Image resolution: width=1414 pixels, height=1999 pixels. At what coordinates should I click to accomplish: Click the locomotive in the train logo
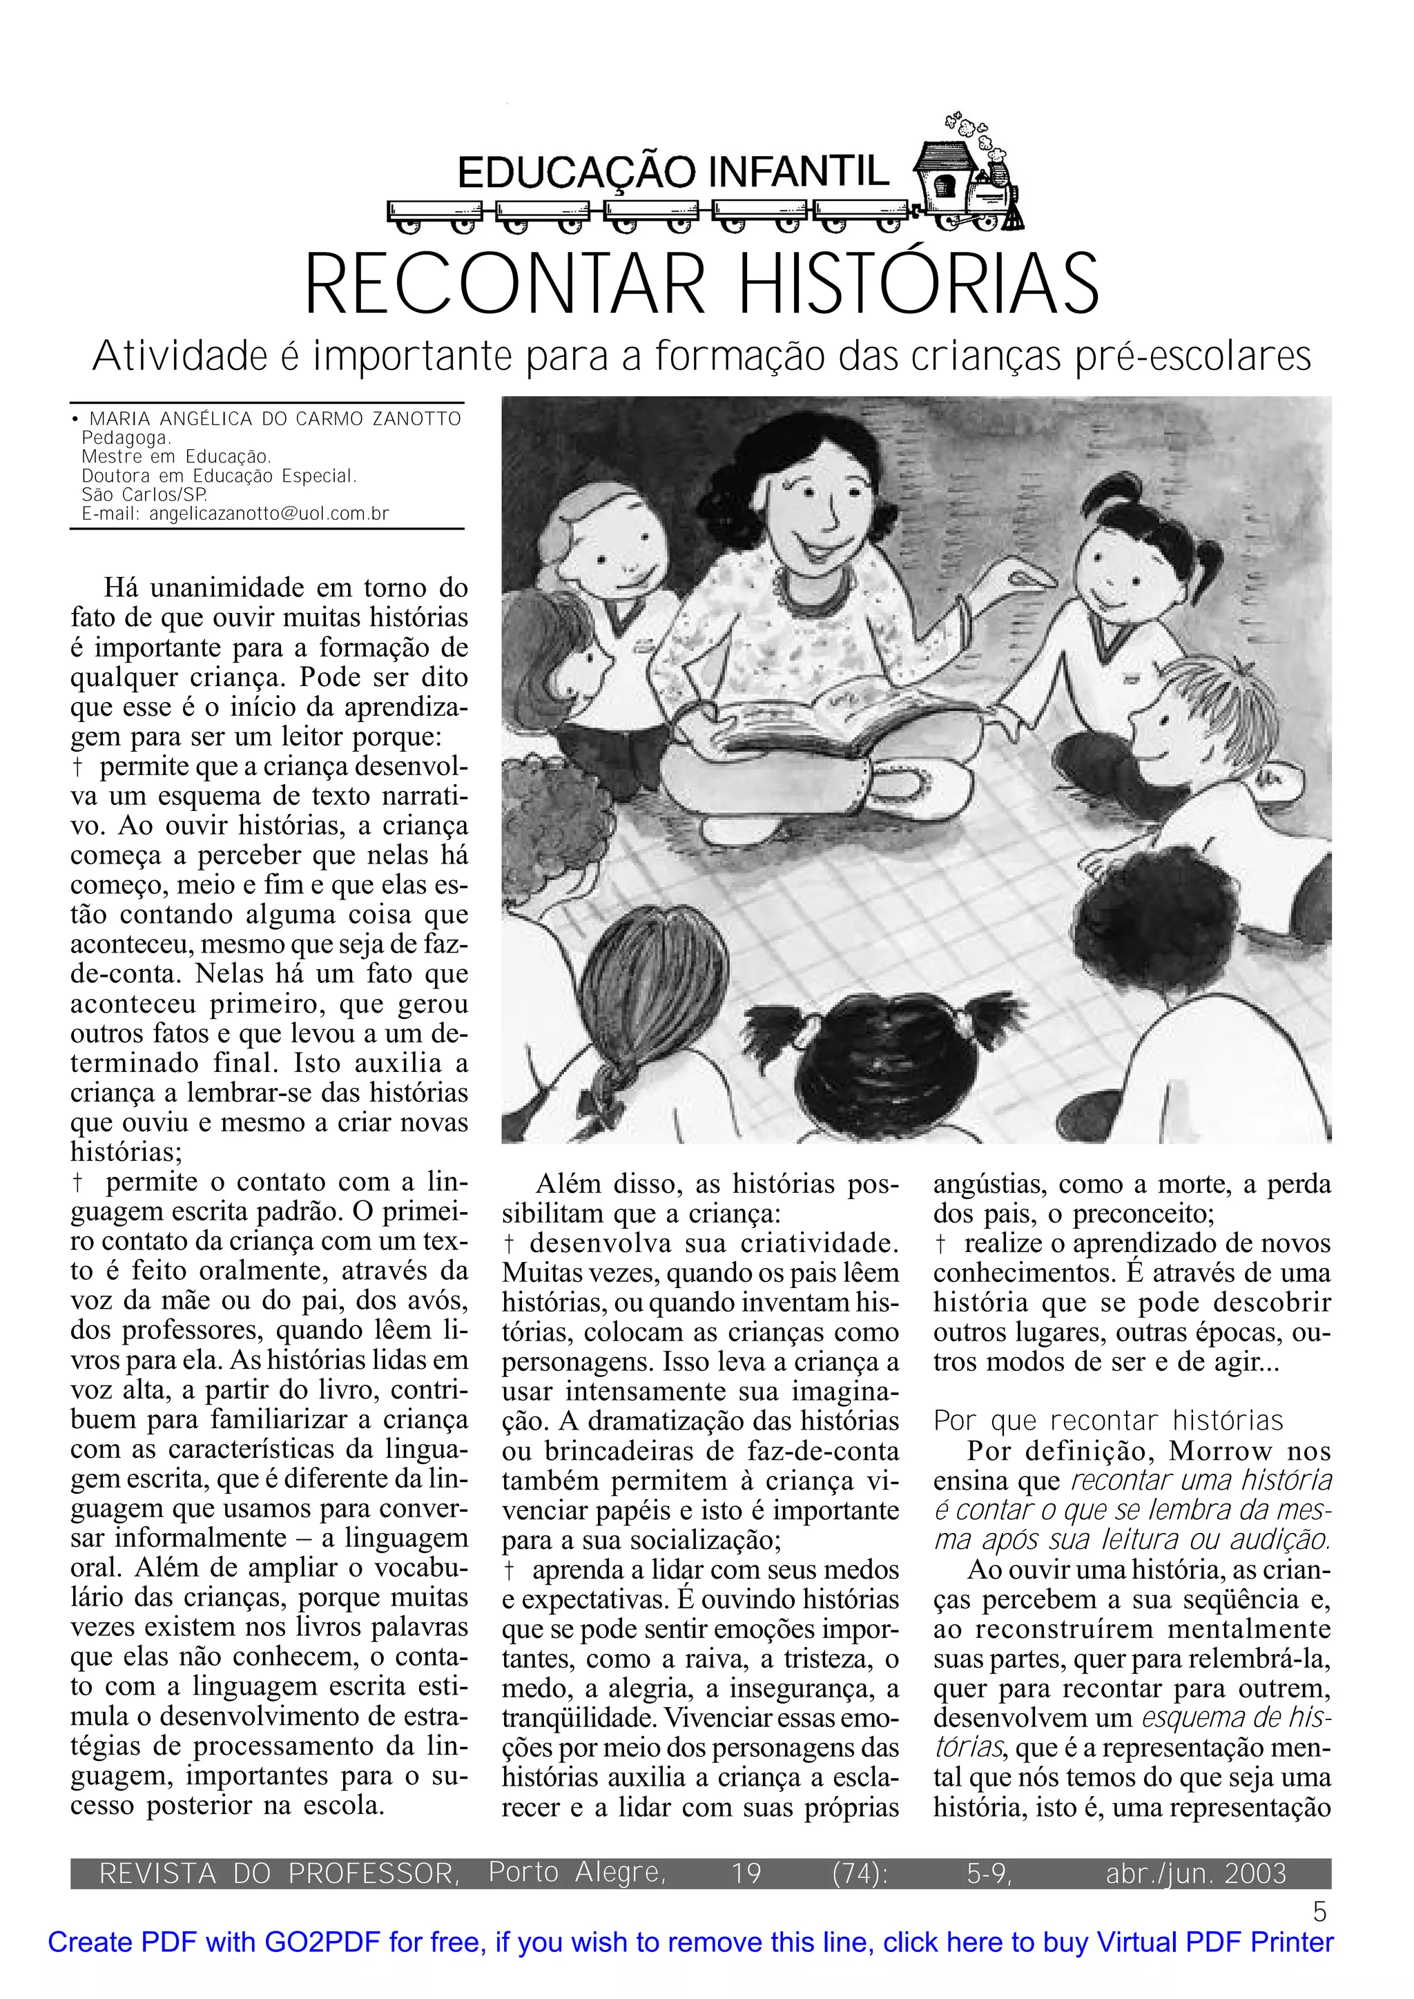pos(968,183)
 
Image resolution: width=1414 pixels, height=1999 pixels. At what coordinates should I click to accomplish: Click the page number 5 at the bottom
pos(1320,1912)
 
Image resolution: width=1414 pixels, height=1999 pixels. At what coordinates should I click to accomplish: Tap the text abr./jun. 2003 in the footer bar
pos(1195,1873)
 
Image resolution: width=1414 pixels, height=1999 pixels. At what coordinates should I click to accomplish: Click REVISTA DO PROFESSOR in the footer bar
pos(280,1873)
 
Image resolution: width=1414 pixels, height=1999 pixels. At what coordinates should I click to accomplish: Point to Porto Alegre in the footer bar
pos(577,1872)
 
